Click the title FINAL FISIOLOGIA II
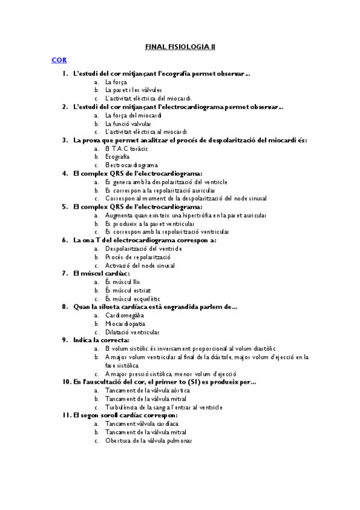[x=180, y=45]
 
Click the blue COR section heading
[x=58, y=60]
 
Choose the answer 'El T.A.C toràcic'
[x=126, y=148]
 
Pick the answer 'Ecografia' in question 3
[x=117, y=156]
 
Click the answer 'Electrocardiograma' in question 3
[x=131, y=165]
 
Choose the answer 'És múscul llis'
[x=124, y=281]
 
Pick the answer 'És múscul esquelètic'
[x=133, y=298]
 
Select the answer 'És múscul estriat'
[x=127, y=290]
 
